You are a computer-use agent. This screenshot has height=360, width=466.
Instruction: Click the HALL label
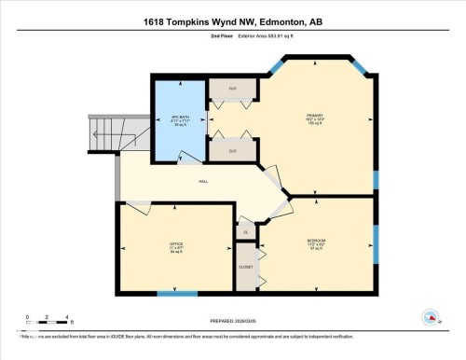tap(202, 183)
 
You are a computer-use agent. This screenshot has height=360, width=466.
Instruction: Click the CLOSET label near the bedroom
tap(246, 266)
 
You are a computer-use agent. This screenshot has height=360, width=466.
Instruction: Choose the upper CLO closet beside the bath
tap(233, 90)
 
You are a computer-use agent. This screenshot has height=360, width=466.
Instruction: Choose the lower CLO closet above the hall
tap(233, 150)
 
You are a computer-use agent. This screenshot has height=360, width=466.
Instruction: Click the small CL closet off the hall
tap(245, 232)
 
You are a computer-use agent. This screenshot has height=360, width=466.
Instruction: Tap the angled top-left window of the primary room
tap(277, 66)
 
